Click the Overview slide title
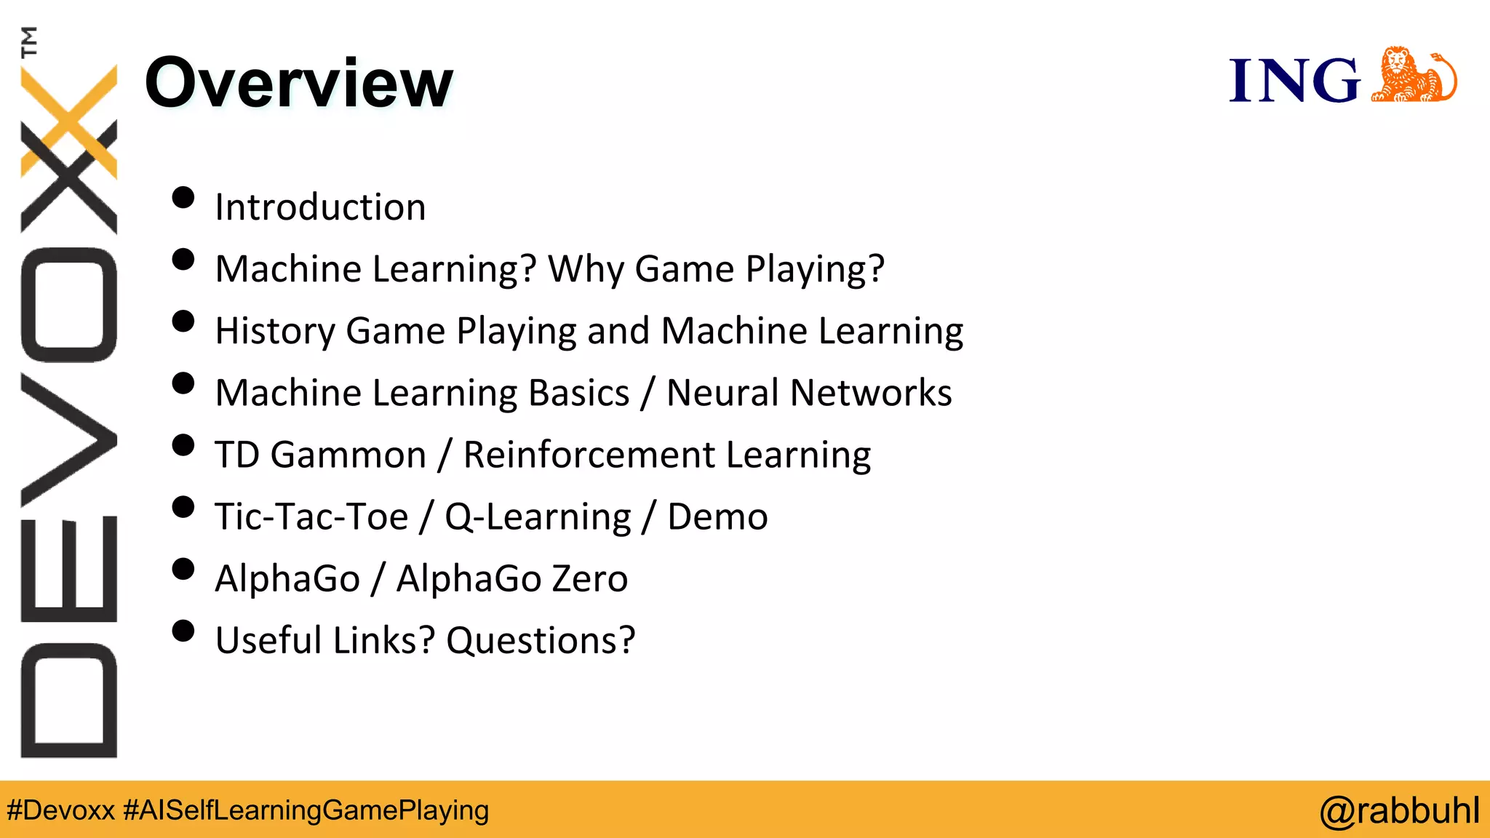[299, 83]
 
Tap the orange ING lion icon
[1414, 76]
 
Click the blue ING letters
[1294, 80]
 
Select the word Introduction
[320, 207]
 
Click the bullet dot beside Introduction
[183, 198]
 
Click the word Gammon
[348, 455]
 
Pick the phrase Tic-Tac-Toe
[311, 516]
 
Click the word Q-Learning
[538, 517]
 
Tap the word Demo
[717, 516]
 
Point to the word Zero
[589, 578]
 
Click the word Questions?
[541, 641]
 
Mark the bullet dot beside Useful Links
[183, 631]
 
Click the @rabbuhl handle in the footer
[1399, 810]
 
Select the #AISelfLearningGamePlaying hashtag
[306, 810]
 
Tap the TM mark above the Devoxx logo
[30, 41]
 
